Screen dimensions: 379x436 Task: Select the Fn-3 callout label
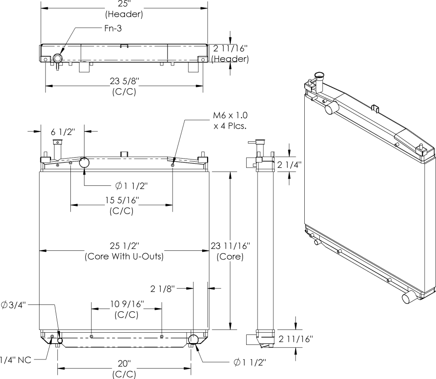(x=113, y=28)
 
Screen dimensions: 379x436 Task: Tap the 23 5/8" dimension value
(x=124, y=81)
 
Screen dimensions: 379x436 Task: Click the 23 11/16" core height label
(x=230, y=246)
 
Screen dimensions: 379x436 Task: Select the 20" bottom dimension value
(x=124, y=364)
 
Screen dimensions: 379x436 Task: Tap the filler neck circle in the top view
(x=58, y=59)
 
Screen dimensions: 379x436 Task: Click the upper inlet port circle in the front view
(x=85, y=162)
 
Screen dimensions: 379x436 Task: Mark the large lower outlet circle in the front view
(x=193, y=339)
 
